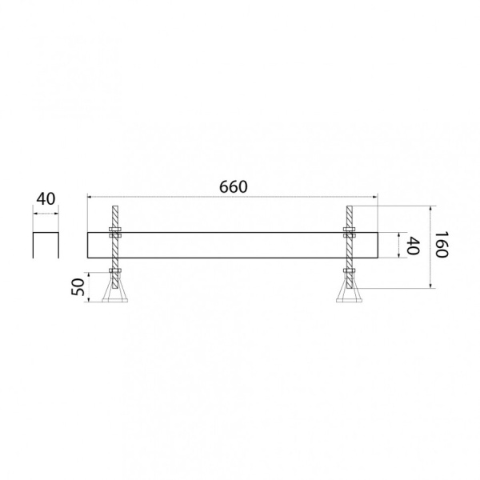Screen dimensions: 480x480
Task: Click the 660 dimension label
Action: pyautogui.click(x=233, y=186)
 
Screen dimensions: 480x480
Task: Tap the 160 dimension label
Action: pyautogui.click(x=441, y=244)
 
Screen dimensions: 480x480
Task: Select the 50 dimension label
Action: pyautogui.click(x=78, y=287)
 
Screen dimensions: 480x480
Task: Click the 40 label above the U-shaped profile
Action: pyautogui.click(x=46, y=199)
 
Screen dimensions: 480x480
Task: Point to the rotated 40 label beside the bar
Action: pyautogui.click(x=413, y=246)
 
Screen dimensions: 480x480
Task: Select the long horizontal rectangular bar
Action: pyautogui.click(x=233, y=246)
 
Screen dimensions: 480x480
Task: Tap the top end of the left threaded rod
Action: pyautogui.click(x=115, y=206)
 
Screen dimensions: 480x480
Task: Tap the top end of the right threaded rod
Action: pyautogui.click(x=350, y=206)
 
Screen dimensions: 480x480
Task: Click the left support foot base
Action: pyautogui.click(x=114, y=301)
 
